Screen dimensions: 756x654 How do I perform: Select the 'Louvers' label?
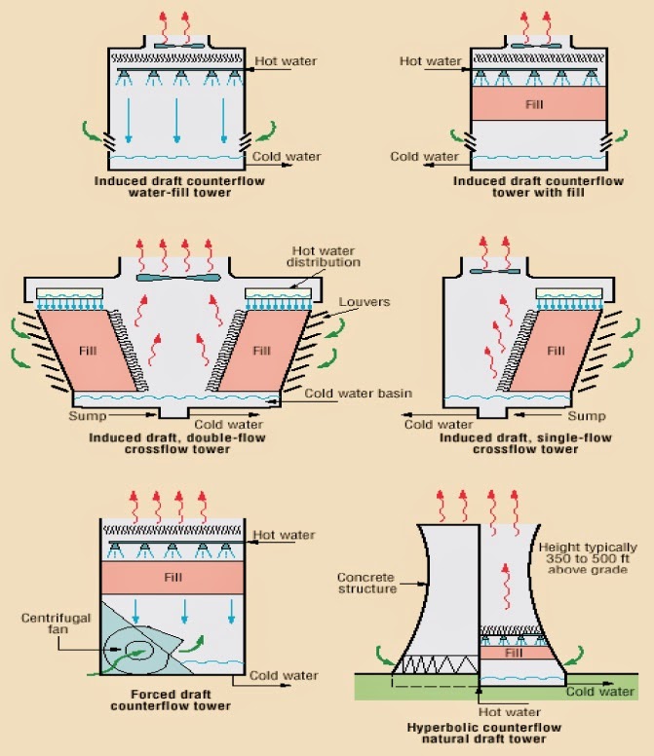(365, 302)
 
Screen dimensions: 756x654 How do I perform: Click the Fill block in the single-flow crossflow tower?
(555, 349)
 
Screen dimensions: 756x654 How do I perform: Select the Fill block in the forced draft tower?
(172, 577)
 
